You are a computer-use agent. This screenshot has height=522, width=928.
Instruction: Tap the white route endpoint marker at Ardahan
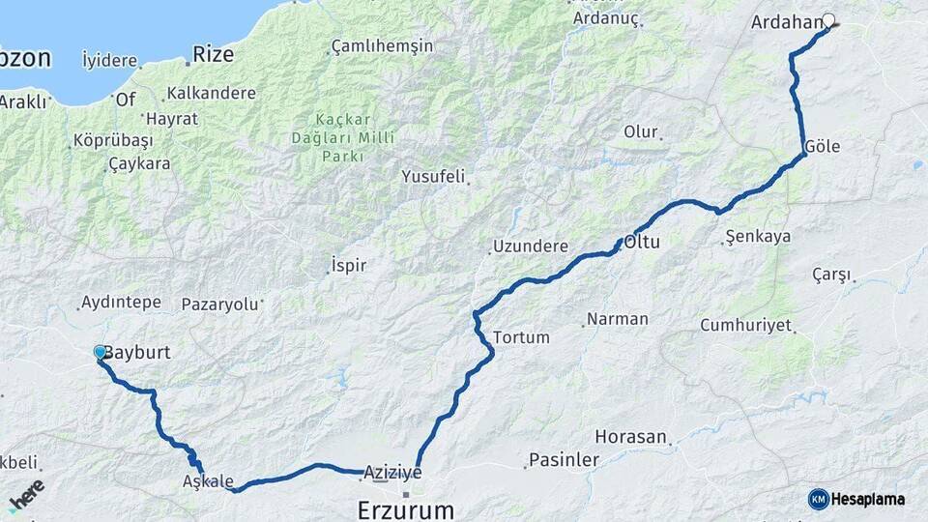pyautogui.click(x=828, y=19)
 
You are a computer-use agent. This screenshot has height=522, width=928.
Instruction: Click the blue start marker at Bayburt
pyautogui.click(x=100, y=353)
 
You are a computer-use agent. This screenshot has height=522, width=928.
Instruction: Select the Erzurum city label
pyautogui.click(x=405, y=507)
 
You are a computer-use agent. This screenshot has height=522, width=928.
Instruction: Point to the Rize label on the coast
pyautogui.click(x=213, y=54)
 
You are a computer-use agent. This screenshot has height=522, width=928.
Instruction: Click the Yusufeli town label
pyautogui.click(x=433, y=177)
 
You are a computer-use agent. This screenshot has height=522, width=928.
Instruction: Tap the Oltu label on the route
pyautogui.click(x=642, y=242)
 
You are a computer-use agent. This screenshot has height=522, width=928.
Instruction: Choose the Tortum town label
pyautogui.click(x=521, y=337)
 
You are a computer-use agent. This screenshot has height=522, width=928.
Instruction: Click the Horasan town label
pyautogui.click(x=631, y=437)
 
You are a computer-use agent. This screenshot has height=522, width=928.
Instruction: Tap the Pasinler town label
pyautogui.click(x=564, y=461)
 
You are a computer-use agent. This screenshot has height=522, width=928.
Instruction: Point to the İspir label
pyautogui.click(x=349, y=264)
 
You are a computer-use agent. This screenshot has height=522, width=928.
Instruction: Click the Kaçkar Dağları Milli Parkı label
pyautogui.click(x=343, y=137)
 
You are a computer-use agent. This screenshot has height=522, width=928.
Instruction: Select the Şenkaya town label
pyautogui.click(x=758, y=237)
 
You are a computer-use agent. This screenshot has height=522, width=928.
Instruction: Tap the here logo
pyautogui.click(x=26, y=495)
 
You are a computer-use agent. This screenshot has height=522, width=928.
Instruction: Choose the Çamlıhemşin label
pyautogui.click(x=384, y=46)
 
